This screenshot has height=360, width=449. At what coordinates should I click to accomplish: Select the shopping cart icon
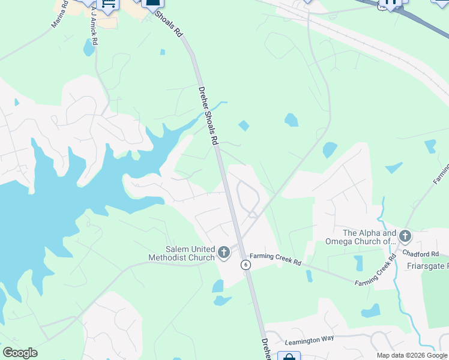coord(108,5)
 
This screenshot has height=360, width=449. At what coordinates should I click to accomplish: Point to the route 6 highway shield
coord(246,265)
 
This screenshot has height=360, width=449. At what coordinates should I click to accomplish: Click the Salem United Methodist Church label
coord(182,254)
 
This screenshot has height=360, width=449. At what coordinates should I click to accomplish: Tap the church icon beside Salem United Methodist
coord(224,253)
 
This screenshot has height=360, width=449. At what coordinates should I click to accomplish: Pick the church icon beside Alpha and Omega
coord(405,236)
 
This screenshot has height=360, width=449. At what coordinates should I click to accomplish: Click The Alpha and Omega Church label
coord(369,237)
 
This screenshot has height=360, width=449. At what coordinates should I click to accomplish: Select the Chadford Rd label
coord(427,254)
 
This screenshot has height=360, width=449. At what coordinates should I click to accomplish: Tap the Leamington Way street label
coord(309,339)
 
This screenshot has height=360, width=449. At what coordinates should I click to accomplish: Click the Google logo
coord(20,353)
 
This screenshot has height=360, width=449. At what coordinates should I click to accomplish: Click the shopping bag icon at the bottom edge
coord(289,357)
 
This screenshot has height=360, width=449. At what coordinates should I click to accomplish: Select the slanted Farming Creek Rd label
coord(376,271)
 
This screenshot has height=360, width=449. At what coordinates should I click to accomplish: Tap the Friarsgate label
coord(427,266)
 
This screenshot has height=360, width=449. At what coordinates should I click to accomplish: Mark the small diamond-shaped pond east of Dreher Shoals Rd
coord(244,125)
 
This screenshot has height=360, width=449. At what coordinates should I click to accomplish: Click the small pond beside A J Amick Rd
coord(89,47)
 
